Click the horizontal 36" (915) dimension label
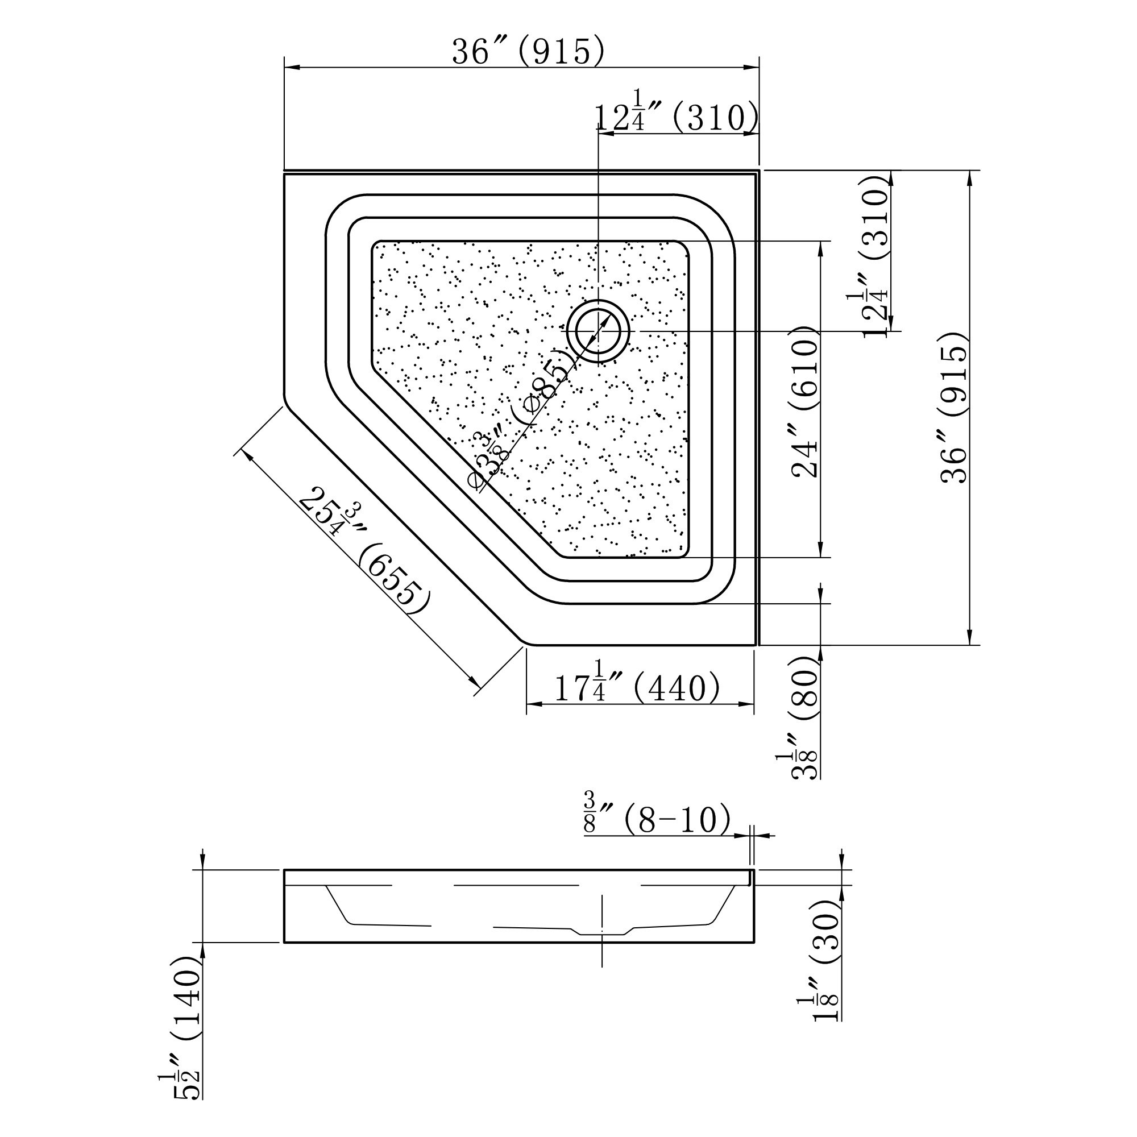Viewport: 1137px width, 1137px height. pos(528,52)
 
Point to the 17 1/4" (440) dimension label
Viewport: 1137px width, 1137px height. pos(637,687)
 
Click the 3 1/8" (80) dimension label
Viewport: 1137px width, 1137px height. pos(805,715)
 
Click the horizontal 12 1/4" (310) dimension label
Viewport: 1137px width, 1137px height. pos(675,117)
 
